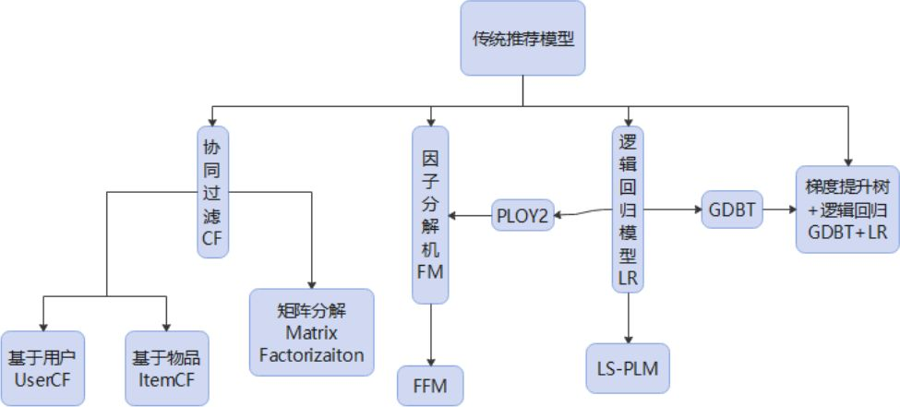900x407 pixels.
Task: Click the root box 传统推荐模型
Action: click(523, 39)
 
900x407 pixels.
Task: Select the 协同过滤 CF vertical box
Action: click(213, 191)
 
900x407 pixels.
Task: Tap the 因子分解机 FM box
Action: click(430, 214)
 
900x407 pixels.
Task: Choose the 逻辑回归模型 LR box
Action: click(628, 209)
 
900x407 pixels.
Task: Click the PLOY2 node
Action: click(522, 216)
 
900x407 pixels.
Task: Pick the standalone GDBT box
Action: click(732, 210)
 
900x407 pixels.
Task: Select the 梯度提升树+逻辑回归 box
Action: click(847, 209)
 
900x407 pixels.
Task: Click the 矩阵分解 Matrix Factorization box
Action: click(312, 331)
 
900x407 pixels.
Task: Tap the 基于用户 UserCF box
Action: click(42, 369)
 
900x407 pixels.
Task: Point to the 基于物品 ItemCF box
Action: click(166, 369)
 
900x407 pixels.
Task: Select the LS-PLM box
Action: click(628, 367)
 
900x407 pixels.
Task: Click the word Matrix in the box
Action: click(312, 331)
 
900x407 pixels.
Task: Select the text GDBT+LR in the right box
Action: click(847, 233)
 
